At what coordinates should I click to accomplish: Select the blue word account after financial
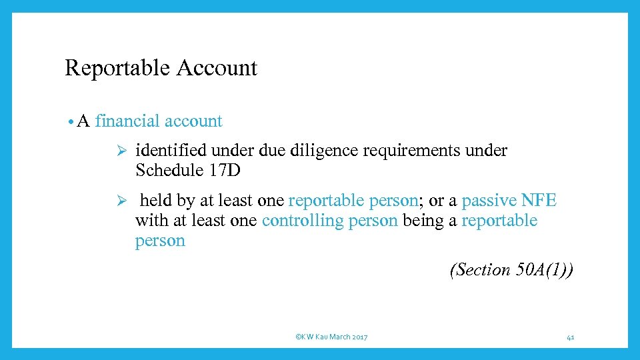(x=193, y=121)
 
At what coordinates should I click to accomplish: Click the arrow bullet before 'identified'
(x=121, y=151)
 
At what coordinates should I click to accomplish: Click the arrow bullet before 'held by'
(x=121, y=201)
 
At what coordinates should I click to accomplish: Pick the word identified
(x=170, y=151)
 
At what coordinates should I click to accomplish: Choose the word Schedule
(x=167, y=171)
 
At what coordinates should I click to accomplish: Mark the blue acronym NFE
(x=539, y=201)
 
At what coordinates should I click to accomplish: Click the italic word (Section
(x=480, y=270)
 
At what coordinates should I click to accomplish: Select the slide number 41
(x=571, y=337)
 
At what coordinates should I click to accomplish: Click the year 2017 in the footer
(x=359, y=337)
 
